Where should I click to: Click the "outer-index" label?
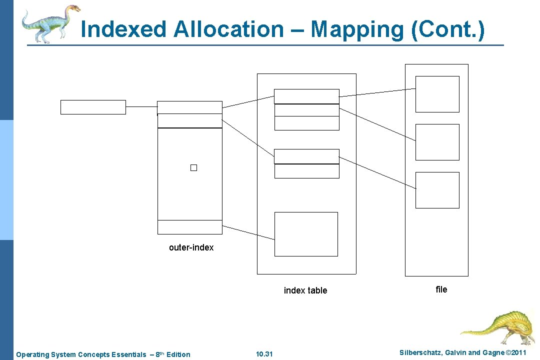191,247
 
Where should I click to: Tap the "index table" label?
305,290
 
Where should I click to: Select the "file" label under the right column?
441,289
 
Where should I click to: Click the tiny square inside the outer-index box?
193,168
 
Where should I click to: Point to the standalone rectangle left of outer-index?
93,107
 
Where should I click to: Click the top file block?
437,94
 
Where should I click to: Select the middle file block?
437,142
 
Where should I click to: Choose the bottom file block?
437,190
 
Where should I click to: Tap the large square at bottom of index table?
306,234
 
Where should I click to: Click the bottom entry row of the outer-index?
189,227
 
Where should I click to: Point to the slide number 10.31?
264,354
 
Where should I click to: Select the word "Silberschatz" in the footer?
421,353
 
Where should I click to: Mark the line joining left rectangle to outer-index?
141,106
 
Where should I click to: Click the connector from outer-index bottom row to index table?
248,231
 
